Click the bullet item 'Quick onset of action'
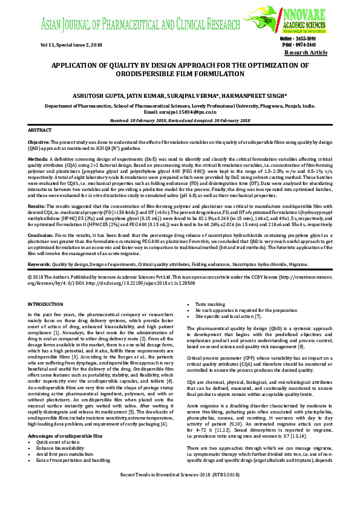[58, 425]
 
